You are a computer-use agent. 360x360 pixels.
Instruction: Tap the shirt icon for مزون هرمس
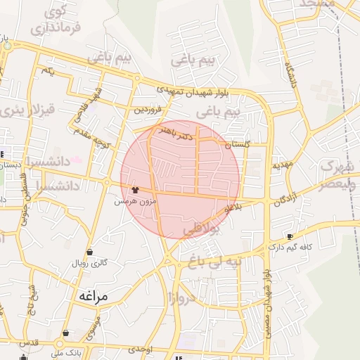(x=134, y=189)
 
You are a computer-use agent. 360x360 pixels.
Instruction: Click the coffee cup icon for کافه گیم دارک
(x=290, y=236)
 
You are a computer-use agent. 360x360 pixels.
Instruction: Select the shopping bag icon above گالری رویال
(x=90, y=252)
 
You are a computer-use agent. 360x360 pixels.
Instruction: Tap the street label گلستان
(x=238, y=143)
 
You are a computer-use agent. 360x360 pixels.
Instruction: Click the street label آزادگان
(x=290, y=200)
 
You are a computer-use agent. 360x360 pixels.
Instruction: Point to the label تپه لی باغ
(x=209, y=262)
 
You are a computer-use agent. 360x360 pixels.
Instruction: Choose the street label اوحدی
(x=141, y=349)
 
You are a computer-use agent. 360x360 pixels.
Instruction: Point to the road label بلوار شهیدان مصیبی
(x=266, y=303)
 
